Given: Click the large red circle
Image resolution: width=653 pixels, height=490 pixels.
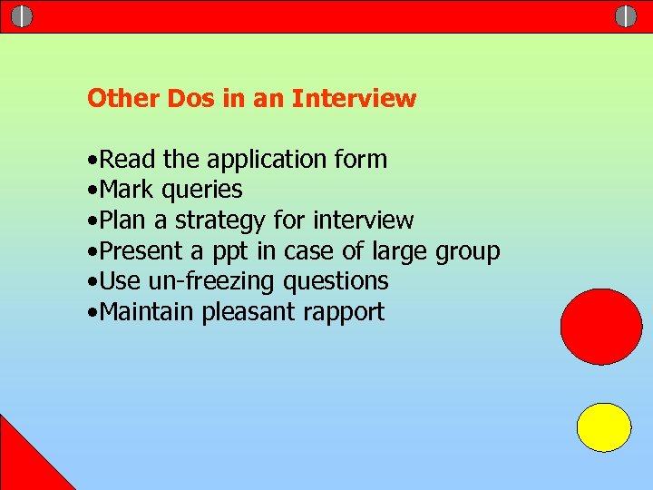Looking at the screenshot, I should coord(601,326).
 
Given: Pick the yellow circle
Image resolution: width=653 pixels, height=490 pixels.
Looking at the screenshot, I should coord(604,427).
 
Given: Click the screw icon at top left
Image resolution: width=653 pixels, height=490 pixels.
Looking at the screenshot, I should coord(22,16).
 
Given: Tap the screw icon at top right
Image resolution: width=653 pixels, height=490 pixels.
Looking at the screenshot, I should coord(626,16).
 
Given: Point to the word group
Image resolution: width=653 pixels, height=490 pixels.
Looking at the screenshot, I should coord(467,252).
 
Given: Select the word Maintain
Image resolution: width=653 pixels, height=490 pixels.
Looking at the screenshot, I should coord(147,312).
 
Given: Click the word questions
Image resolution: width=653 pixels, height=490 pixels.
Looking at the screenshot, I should coord(336,282).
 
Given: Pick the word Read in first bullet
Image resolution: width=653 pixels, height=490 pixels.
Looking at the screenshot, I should coord(128,160).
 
